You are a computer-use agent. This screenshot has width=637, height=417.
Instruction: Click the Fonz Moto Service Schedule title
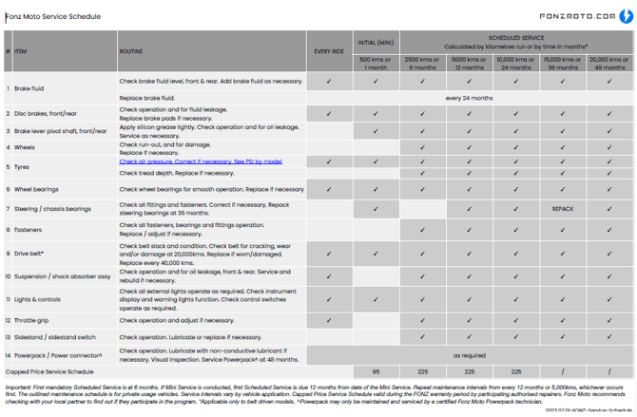[x=53, y=16]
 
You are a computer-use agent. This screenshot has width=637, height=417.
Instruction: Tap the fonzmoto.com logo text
[x=577, y=16]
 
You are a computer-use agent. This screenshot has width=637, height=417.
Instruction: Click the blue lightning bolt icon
[x=627, y=16]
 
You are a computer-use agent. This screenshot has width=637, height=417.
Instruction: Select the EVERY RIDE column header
[x=329, y=52]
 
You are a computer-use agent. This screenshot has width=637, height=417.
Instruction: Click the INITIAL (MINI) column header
[x=376, y=43]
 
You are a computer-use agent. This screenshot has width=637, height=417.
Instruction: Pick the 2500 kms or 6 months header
[x=422, y=64]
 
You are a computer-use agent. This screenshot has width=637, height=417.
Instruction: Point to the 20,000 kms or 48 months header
[x=609, y=64]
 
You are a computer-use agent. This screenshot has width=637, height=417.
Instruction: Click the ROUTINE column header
[x=131, y=52]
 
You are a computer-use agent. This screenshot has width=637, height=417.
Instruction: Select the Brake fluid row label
[x=29, y=89]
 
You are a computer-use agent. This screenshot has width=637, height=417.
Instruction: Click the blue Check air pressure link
[x=200, y=161]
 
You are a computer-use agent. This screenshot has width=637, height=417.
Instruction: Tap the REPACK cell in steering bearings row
[x=563, y=209]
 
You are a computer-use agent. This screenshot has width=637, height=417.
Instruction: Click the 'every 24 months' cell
[x=469, y=98]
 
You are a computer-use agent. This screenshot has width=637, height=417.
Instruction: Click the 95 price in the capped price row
[x=376, y=372]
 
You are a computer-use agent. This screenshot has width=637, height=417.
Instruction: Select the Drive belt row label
[x=29, y=254]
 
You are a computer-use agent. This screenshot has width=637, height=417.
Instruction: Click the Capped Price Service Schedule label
[x=49, y=372]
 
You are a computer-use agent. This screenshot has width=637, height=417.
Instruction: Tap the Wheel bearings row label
[x=36, y=189]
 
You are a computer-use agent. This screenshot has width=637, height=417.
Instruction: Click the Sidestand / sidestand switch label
[x=54, y=337]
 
